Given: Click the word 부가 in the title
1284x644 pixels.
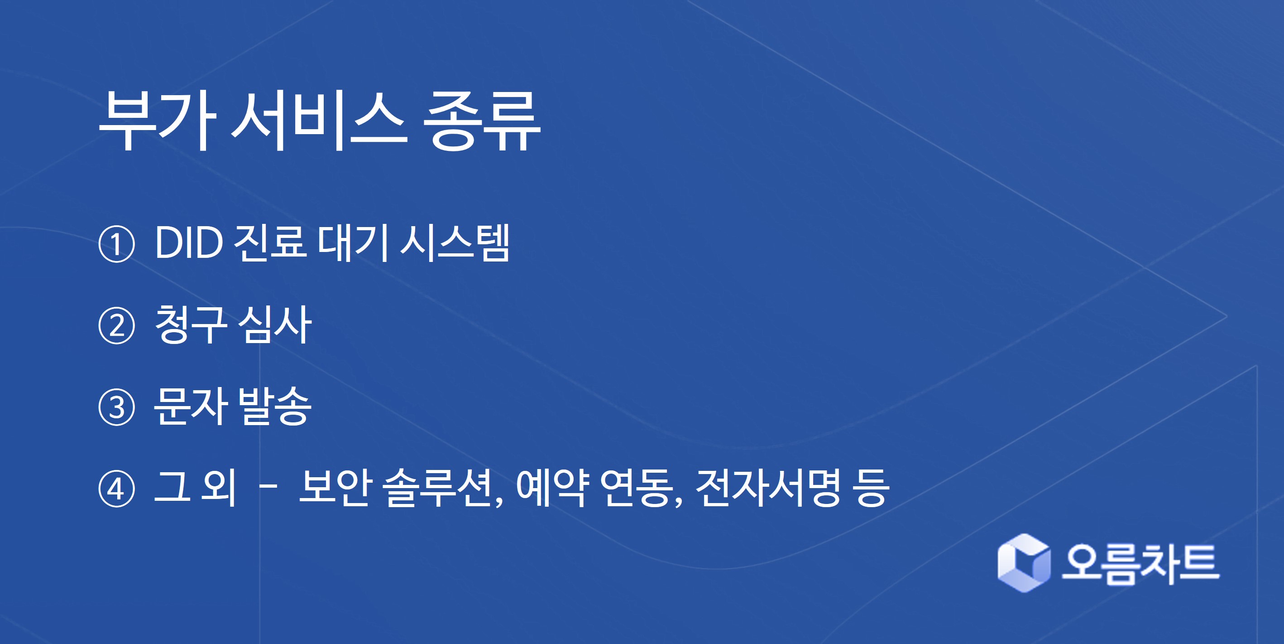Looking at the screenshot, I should point(158,121).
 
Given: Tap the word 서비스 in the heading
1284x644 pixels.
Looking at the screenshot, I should point(319,121).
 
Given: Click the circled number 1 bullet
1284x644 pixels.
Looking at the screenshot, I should point(117,244).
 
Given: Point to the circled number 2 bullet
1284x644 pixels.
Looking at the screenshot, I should point(117,326).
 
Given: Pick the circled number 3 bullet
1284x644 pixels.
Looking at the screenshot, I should point(117,407).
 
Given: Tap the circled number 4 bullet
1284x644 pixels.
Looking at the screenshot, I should point(117,489).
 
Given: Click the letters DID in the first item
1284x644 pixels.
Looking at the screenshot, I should point(189,243).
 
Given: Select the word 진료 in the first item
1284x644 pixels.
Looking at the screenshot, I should point(270,243).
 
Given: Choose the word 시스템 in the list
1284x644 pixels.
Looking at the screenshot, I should point(455,243).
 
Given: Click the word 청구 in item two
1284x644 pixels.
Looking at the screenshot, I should point(191,325).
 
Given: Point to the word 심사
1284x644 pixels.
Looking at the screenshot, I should point(275,325).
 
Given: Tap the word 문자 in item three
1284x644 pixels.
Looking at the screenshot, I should point(191,406).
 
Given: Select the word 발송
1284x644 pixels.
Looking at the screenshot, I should point(275,406).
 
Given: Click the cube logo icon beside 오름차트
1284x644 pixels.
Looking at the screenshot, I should point(1024,563).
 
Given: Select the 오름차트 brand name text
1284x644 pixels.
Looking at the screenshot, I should point(1140,564).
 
